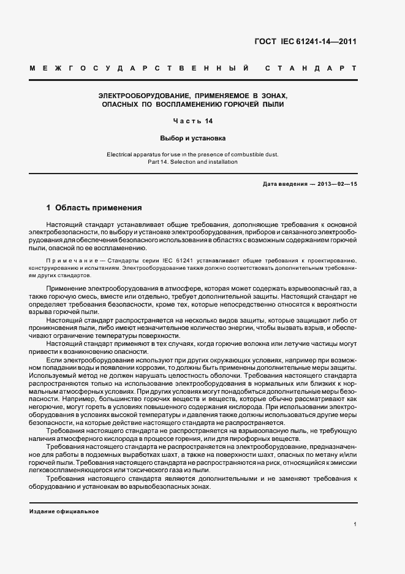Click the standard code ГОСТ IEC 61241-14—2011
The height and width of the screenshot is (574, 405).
305,42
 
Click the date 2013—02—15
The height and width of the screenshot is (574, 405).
331,184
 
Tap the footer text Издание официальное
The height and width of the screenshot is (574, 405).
64,511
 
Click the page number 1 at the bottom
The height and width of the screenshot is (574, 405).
355,525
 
